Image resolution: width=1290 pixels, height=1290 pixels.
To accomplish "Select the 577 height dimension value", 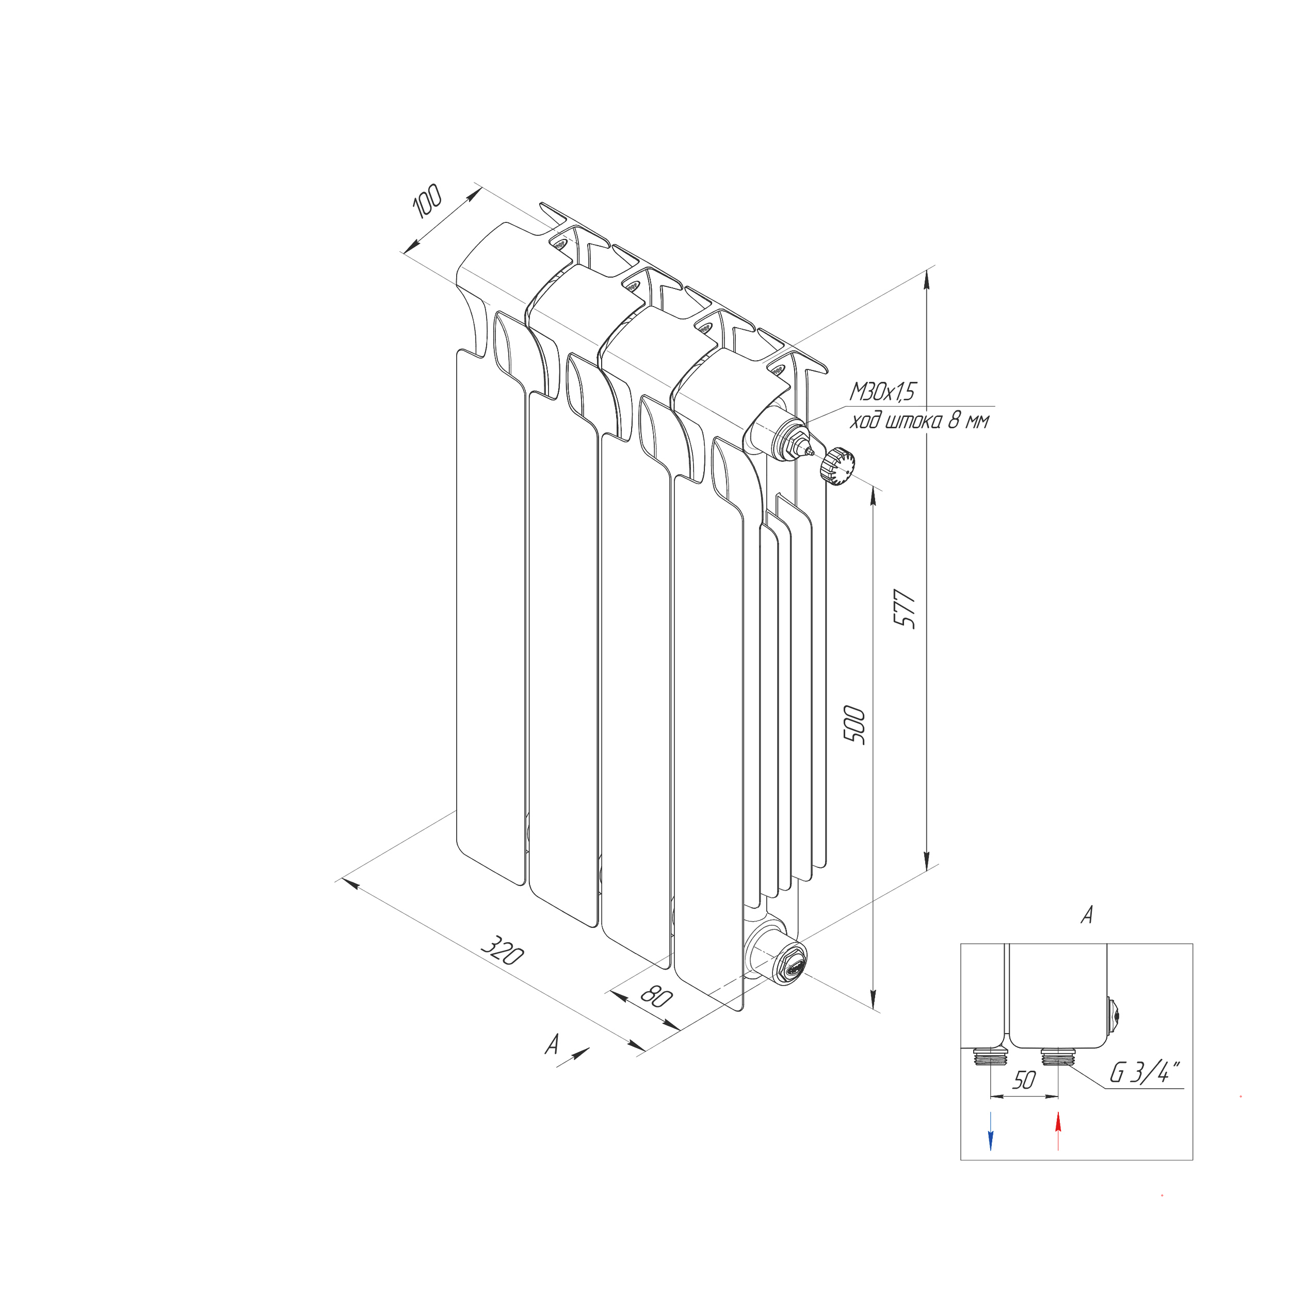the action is tap(906, 608).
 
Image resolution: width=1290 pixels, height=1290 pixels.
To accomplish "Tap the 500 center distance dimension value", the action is tap(854, 724).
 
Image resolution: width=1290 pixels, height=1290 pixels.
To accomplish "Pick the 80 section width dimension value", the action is tap(656, 997).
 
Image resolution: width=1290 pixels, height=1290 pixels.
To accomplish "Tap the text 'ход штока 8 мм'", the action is tap(920, 422).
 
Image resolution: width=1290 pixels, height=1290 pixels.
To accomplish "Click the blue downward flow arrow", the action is tap(990, 1131).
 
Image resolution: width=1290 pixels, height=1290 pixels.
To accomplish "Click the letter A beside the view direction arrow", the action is tap(552, 1045).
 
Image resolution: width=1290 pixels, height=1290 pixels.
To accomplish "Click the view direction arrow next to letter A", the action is tap(574, 1057).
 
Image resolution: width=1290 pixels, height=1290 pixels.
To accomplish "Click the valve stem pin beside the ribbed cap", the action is tap(811, 452).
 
